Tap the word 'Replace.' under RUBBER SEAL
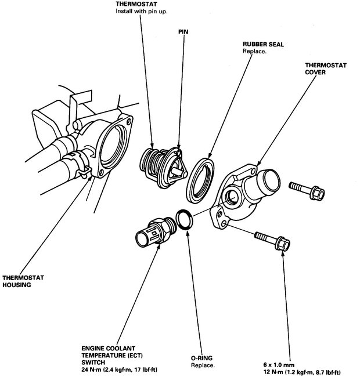coord(255,51)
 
